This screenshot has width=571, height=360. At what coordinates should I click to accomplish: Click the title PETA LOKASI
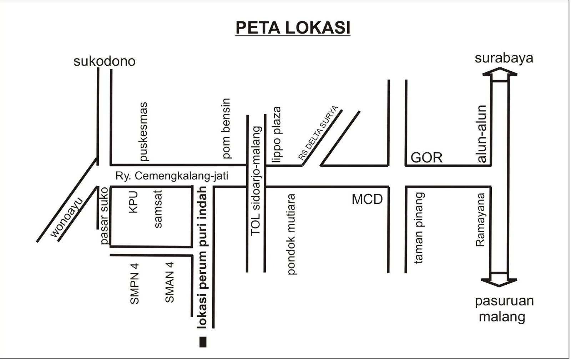tap(293, 27)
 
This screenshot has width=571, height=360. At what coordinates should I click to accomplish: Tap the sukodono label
tap(104, 61)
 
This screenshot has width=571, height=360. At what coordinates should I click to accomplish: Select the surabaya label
tap(504, 58)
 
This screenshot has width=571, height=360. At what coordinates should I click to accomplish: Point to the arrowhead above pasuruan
tap(500, 282)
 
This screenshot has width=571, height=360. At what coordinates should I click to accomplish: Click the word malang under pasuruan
tap(502, 316)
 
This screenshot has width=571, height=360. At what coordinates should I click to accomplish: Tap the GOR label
tap(426, 157)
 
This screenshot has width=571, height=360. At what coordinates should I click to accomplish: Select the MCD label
tap(367, 199)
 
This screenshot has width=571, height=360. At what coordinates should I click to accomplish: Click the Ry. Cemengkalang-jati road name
tap(172, 176)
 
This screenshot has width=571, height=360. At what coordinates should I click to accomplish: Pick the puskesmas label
tap(143, 132)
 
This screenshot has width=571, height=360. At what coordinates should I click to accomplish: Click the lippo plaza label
tap(277, 135)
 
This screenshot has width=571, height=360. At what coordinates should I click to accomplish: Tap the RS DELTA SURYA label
tap(318, 133)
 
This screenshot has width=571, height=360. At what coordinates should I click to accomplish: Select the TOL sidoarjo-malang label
tap(256, 181)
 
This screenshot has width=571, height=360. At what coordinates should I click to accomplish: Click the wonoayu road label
tap(67, 217)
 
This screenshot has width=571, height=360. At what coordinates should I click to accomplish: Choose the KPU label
tap(133, 202)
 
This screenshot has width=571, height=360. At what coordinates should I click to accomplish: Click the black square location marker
tap(203, 342)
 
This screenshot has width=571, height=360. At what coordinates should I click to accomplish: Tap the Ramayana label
tap(481, 220)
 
